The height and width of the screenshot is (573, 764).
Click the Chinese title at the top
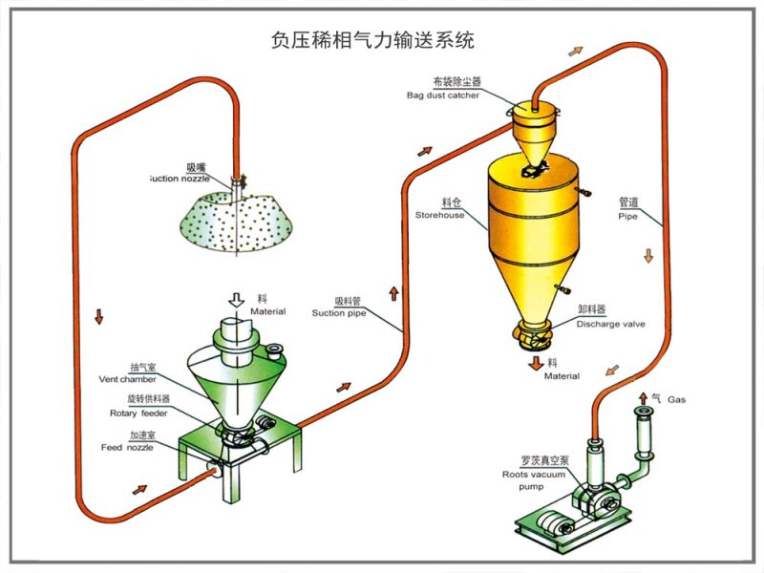[372, 41]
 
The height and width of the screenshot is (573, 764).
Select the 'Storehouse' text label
[439, 215]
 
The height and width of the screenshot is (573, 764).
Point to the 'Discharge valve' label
[610, 324]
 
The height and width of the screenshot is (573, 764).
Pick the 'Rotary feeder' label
[139, 413]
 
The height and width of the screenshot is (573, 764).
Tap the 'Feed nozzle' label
[127, 447]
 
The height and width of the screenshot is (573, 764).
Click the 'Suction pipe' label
[338, 312]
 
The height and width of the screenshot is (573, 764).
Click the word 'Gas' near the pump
[676, 399]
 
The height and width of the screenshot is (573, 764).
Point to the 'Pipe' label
[626, 216]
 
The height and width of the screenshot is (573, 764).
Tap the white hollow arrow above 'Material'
[234, 300]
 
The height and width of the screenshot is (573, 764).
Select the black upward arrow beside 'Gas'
[642, 397]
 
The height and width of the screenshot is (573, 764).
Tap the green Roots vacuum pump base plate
[573, 520]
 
